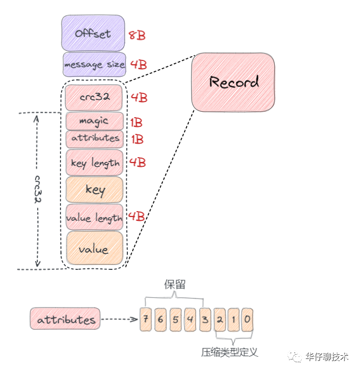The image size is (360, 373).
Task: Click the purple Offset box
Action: tap(93, 33)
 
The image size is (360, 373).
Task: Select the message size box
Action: tap(94, 65)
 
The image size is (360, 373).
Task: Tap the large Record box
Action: tap(233, 82)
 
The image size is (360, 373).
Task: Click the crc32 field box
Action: tap(94, 98)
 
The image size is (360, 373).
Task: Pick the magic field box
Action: tap(94, 121)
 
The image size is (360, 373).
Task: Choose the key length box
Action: tap(94, 162)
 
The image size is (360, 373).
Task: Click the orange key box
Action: tap(94, 190)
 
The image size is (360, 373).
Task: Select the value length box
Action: tap(94, 218)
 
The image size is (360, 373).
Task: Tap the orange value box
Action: tap(94, 249)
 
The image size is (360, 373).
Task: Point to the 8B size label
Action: tap(137, 36)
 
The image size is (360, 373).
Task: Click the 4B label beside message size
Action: tap(138, 65)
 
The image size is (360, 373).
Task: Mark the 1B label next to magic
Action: tap(137, 122)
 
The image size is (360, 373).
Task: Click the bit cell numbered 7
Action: tap(146, 319)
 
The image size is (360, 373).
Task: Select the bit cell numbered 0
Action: tap(247, 319)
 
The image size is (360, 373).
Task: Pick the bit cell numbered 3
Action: tap(205, 319)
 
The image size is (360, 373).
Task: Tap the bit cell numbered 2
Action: tap(219, 319)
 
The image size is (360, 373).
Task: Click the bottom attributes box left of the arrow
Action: tap(66, 319)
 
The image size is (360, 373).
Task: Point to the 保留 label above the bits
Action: tap(174, 284)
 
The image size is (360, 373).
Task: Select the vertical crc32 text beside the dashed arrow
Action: tap(38, 189)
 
